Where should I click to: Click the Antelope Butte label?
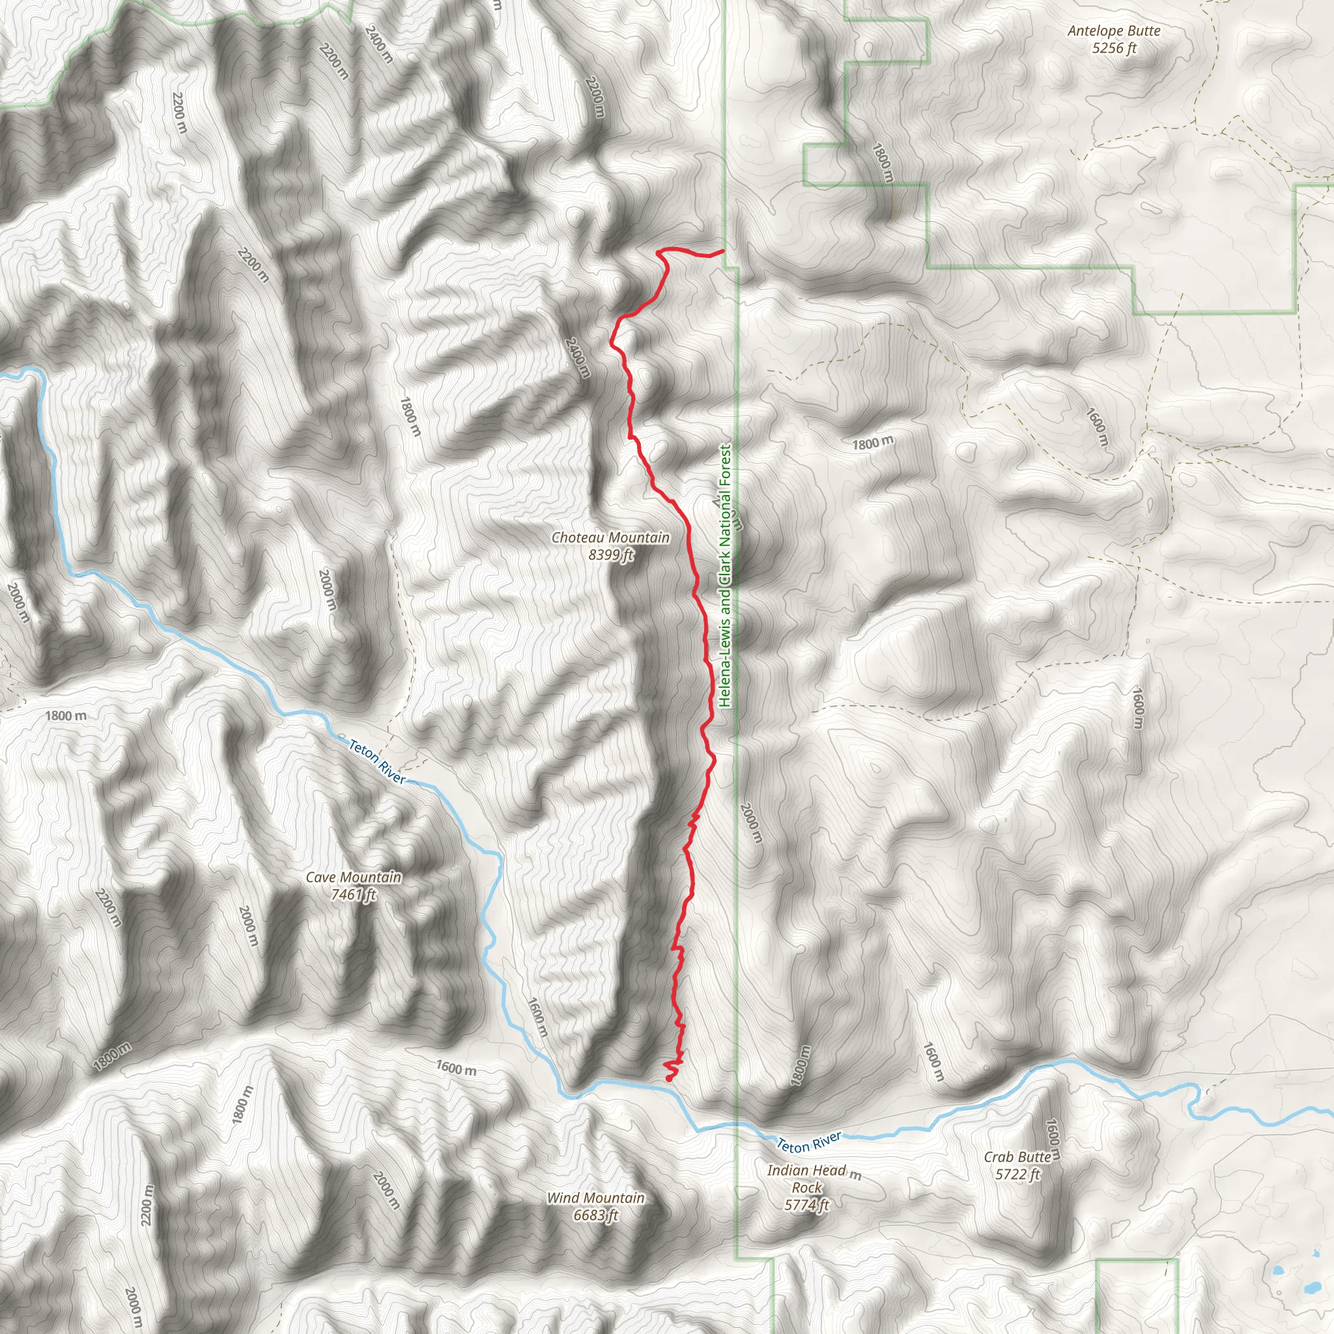click(1113, 31)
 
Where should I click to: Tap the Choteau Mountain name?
click(610, 538)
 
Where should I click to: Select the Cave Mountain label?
click(354, 877)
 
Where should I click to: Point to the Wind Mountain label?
click(595, 1198)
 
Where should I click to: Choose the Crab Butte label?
click(1017, 1157)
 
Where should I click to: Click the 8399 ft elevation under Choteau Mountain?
click(610, 554)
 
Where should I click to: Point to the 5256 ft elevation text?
click(1114, 48)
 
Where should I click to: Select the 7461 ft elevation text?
click(354, 895)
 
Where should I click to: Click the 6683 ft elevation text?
click(595, 1215)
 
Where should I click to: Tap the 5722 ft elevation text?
click(1017, 1174)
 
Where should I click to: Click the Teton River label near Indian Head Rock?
click(809, 1142)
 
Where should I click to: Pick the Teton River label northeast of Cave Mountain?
click(377, 761)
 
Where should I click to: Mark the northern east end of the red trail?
click(722, 251)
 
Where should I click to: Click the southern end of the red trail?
click(668, 1079)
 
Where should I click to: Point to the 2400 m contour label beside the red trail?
click(577, 357)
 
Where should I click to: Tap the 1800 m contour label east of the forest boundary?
click(873, 442)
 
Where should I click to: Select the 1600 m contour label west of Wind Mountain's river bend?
click(456, 1068)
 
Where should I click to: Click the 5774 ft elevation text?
click(806, 1205)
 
